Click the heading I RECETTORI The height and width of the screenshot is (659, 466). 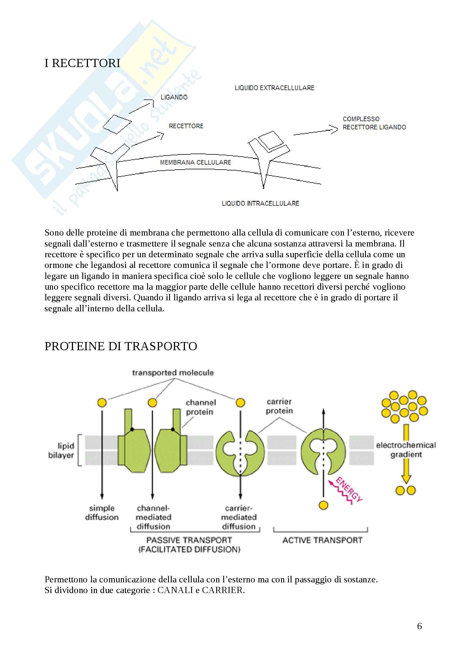click(x=82, y=63)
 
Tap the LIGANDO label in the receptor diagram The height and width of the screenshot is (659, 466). click(x=174, y=97)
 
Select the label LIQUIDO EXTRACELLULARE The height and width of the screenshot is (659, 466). click(x=275, y=88)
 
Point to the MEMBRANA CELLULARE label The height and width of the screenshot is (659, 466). click(x=195, y=163)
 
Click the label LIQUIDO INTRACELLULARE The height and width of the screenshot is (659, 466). click(x=260, y=203)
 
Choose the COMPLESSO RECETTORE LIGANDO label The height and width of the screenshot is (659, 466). click(x=374, y=123)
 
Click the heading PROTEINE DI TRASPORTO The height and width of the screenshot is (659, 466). click(x=121, y=347)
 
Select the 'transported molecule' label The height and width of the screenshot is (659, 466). click(x=173, y=373)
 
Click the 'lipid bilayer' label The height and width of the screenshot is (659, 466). click(x=61, y=450)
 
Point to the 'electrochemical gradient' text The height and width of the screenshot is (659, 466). click(x=406, y=450)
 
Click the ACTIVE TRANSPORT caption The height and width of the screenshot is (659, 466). click(x=322, y=540)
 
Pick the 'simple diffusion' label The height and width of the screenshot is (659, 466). click(x=102, y=513)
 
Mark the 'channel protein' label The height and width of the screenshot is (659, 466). click(x=200, y=407)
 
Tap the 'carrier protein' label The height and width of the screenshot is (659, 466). click(x=279, y=406)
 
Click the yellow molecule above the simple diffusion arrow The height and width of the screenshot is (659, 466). click(x=102, y=403)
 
